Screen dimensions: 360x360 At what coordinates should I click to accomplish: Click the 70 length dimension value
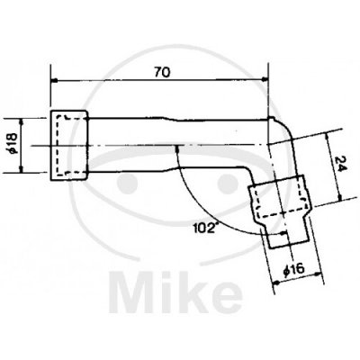162,72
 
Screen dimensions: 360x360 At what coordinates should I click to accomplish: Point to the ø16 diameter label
293,268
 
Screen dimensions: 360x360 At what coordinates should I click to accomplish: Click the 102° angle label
204,229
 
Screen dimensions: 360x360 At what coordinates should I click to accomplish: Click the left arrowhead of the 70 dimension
55,80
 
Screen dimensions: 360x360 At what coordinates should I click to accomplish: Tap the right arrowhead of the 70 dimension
264,79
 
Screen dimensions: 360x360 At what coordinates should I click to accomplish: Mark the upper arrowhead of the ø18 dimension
21,121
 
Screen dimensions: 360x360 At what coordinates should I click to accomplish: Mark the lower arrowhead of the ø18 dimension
21,170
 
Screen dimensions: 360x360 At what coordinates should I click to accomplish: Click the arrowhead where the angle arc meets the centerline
177,148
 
